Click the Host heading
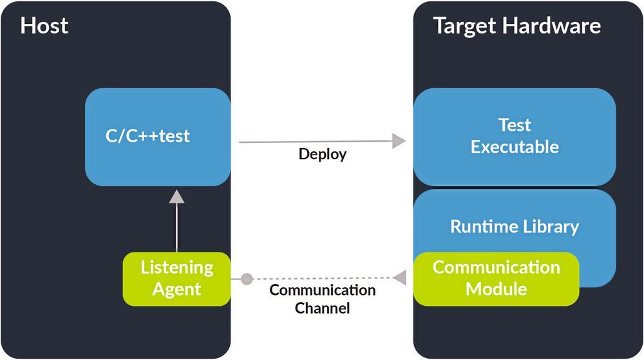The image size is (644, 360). pyautogui.click(x=44, y=26)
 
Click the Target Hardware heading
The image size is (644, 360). pyautogui.click(x=516, y=26)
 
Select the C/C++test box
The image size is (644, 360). pyautogui.click(x=158, y=137)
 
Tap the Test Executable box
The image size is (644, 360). pyautogui.click(x=515, y=137)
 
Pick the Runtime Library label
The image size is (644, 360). pyautogui.click(x=515, y=227)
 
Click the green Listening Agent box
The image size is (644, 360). pyautogui.click(x=176, y=278)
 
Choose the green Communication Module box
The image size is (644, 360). pyautogui.click(x=496, y=278)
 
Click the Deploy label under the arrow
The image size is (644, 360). pyautogui.click(x=322, y=155)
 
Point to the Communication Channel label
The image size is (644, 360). pyautogui.click(x=322, y=299)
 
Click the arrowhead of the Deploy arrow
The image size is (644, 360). pyautogui.click(x=400, y=141)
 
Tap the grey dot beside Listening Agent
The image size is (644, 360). pyautogui.click(x=246, y=279)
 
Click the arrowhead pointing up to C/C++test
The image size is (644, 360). pyautogui.click(x=176, y=197)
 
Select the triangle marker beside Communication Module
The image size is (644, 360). pyautogui.click(x=400, y=278)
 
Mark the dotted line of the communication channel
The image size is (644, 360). pyautogui.click(x=322, y=279)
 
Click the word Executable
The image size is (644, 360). pyautogui.click(x=515, y=147)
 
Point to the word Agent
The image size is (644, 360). pyautogui.click(x=176, y=289)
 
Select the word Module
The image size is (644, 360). pyautogui.click(x=496, y=289)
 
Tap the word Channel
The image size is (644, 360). pyautogui.click(x=322, y=308)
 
